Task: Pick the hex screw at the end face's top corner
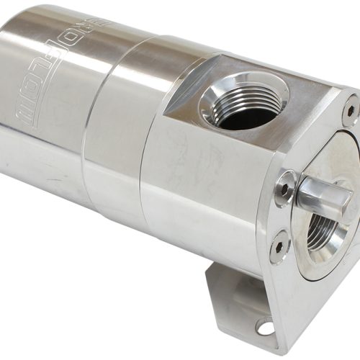pyautogui.click(x=350, y=109)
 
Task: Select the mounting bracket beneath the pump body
pyautogui.click(x=238, y=302)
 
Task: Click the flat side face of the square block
pyautogui.click(x=209, y=194)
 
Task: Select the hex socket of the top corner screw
pyautogui.click(x=350, y=109)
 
